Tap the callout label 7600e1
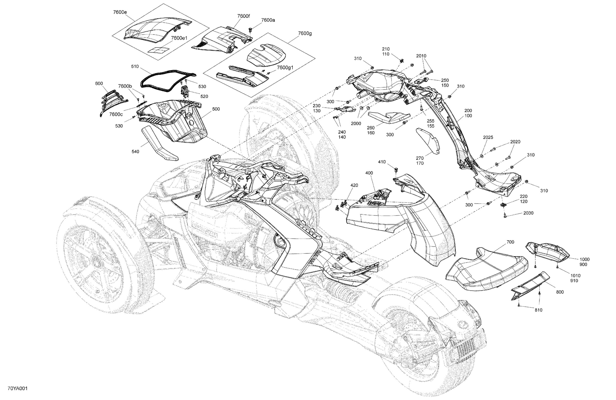click(179, 38)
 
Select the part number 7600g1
click(285, 67)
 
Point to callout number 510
click(135, 66)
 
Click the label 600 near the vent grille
click(99, 84)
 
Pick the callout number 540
click(135, 152)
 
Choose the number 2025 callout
click(488, 137)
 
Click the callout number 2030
click(528, 213)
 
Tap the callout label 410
click(382, 162)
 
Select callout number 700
click(510, 242)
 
